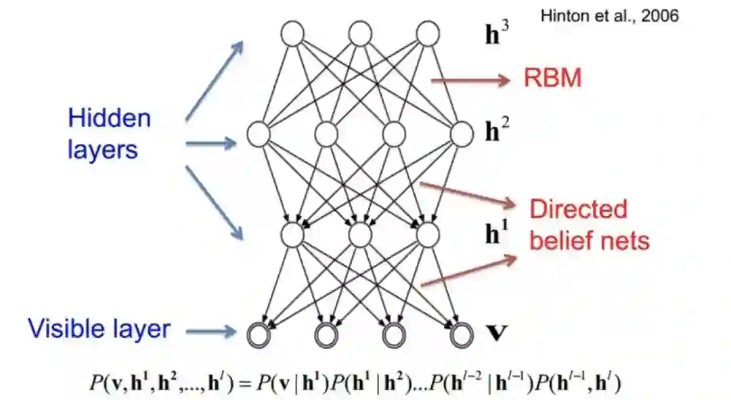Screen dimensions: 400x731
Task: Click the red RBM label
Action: point(552,79)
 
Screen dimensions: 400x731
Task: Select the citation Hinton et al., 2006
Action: point(609,16)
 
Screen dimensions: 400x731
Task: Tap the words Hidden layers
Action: point(109,133)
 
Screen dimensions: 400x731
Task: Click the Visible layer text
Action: point(99,329)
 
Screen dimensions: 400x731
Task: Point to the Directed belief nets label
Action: point(589,224)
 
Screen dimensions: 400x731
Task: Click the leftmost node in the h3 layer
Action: point(292,33)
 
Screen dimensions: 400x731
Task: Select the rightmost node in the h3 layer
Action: point(428,33)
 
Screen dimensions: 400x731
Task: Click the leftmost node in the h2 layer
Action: point(259,134)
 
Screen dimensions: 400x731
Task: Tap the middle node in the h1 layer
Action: point(360,234)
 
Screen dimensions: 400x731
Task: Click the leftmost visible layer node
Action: point(259,333)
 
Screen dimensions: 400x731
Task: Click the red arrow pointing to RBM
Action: point(470,80)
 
